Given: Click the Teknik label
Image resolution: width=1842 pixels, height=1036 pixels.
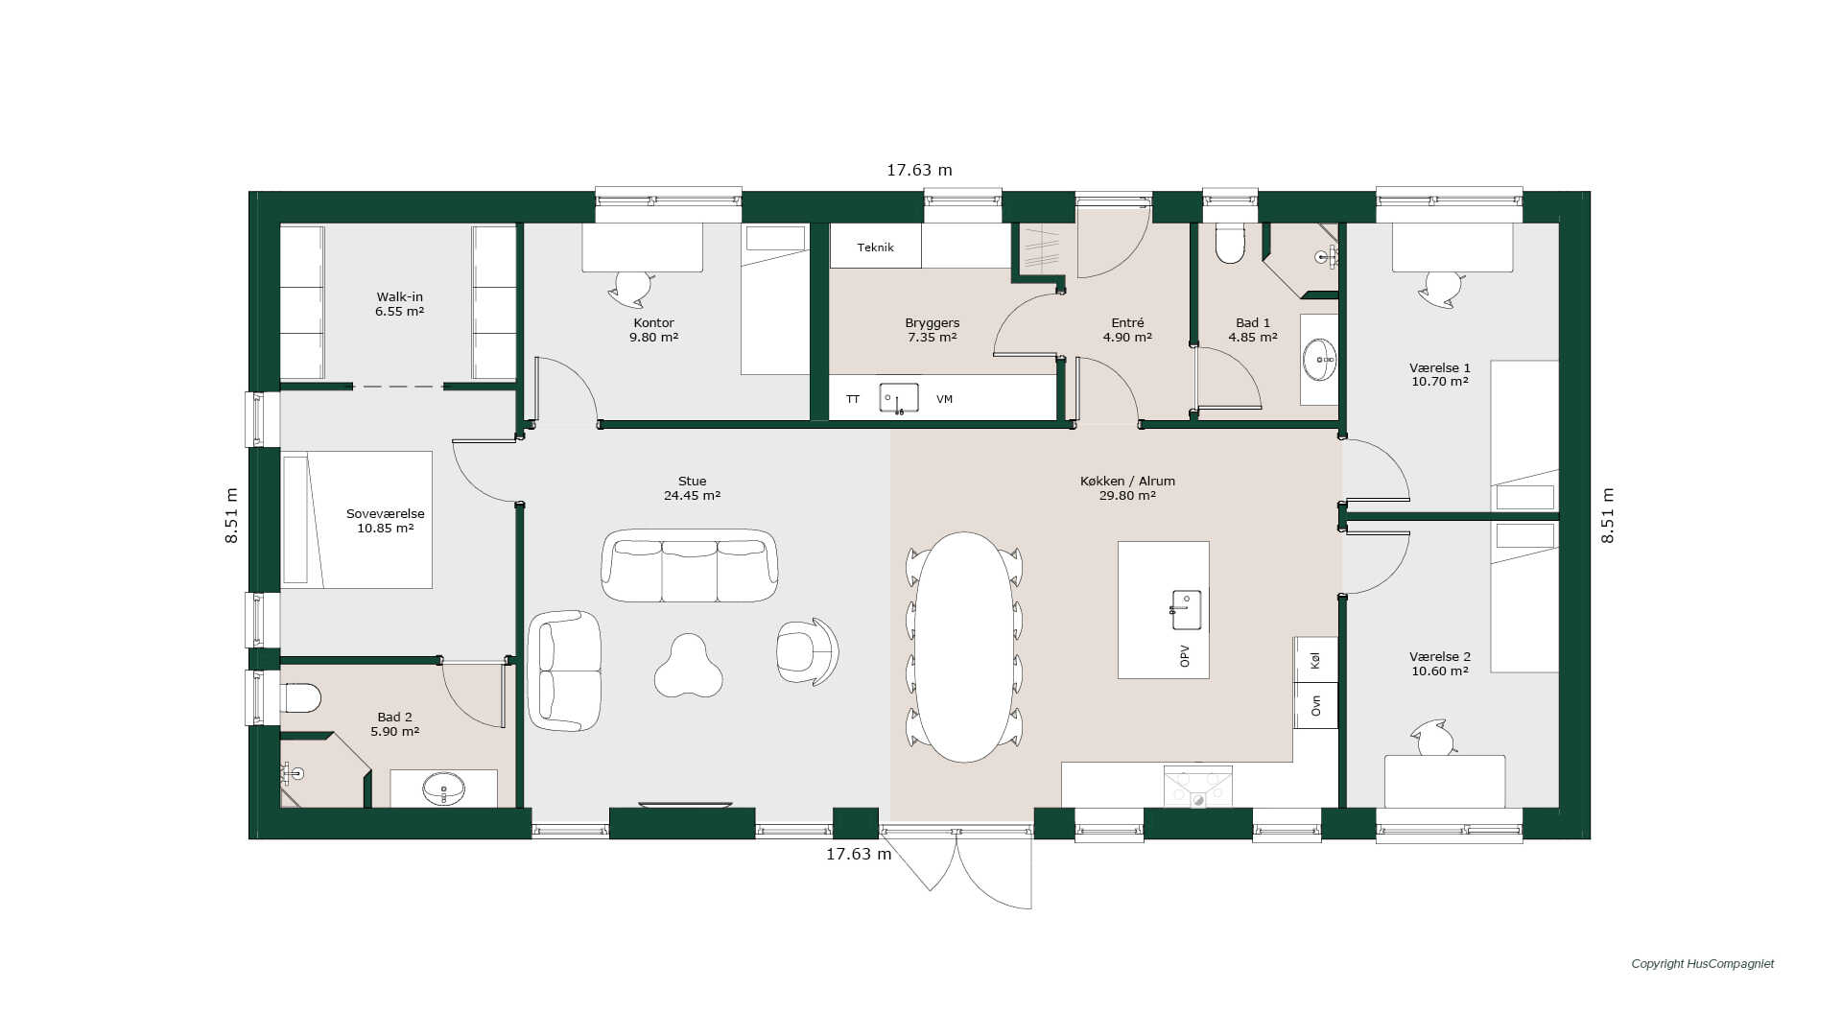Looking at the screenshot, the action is coord(875,247).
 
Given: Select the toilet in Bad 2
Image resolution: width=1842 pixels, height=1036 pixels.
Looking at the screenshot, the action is coord(300,697).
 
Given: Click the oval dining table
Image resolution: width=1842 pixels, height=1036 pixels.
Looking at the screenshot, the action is coord(964,647).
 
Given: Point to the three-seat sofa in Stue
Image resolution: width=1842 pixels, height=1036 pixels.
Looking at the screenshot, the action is coord(689,565).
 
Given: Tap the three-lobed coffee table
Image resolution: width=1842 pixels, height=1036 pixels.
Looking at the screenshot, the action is coord(688,666).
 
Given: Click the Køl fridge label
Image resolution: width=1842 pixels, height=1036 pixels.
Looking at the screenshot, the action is coord(1315,660).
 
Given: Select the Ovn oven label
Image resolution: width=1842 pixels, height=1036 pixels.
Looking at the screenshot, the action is coord(1315,705).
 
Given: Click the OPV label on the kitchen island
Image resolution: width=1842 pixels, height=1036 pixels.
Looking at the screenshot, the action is coord(1185,656).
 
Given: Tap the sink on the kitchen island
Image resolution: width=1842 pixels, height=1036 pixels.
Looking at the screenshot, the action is coord(1186,610).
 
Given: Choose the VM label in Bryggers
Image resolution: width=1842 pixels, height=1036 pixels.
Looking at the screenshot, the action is coord(944,399).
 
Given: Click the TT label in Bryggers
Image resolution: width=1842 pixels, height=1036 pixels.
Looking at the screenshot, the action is coord(853,399).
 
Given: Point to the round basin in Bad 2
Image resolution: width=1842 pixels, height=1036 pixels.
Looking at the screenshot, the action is coord(443,789).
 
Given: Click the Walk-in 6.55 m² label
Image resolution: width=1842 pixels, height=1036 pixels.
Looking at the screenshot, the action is coord(399,304).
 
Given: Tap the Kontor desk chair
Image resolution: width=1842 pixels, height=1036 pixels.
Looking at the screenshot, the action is coord(632,288).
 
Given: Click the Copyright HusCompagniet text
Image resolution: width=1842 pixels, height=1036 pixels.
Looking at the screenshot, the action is coord(1703,964).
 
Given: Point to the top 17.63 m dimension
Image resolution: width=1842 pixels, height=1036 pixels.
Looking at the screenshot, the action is coord(919,171).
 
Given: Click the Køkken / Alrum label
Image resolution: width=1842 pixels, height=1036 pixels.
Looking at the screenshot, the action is coord(1127,482).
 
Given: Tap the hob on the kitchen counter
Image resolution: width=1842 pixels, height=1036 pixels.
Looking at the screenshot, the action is coord(1197,787).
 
